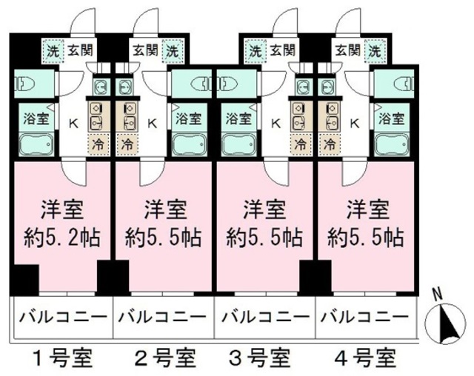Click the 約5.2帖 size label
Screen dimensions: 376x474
coord(62,238)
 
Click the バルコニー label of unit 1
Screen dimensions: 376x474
coord(62,319)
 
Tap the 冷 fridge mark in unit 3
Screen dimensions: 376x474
coord(301,142)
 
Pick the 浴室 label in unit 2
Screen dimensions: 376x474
coord(188,118)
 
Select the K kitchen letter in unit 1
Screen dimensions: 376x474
coord(73,124)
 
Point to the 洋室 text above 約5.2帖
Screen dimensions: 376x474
coord(62,208)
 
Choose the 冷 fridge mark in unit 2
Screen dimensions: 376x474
coord(127,142)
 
